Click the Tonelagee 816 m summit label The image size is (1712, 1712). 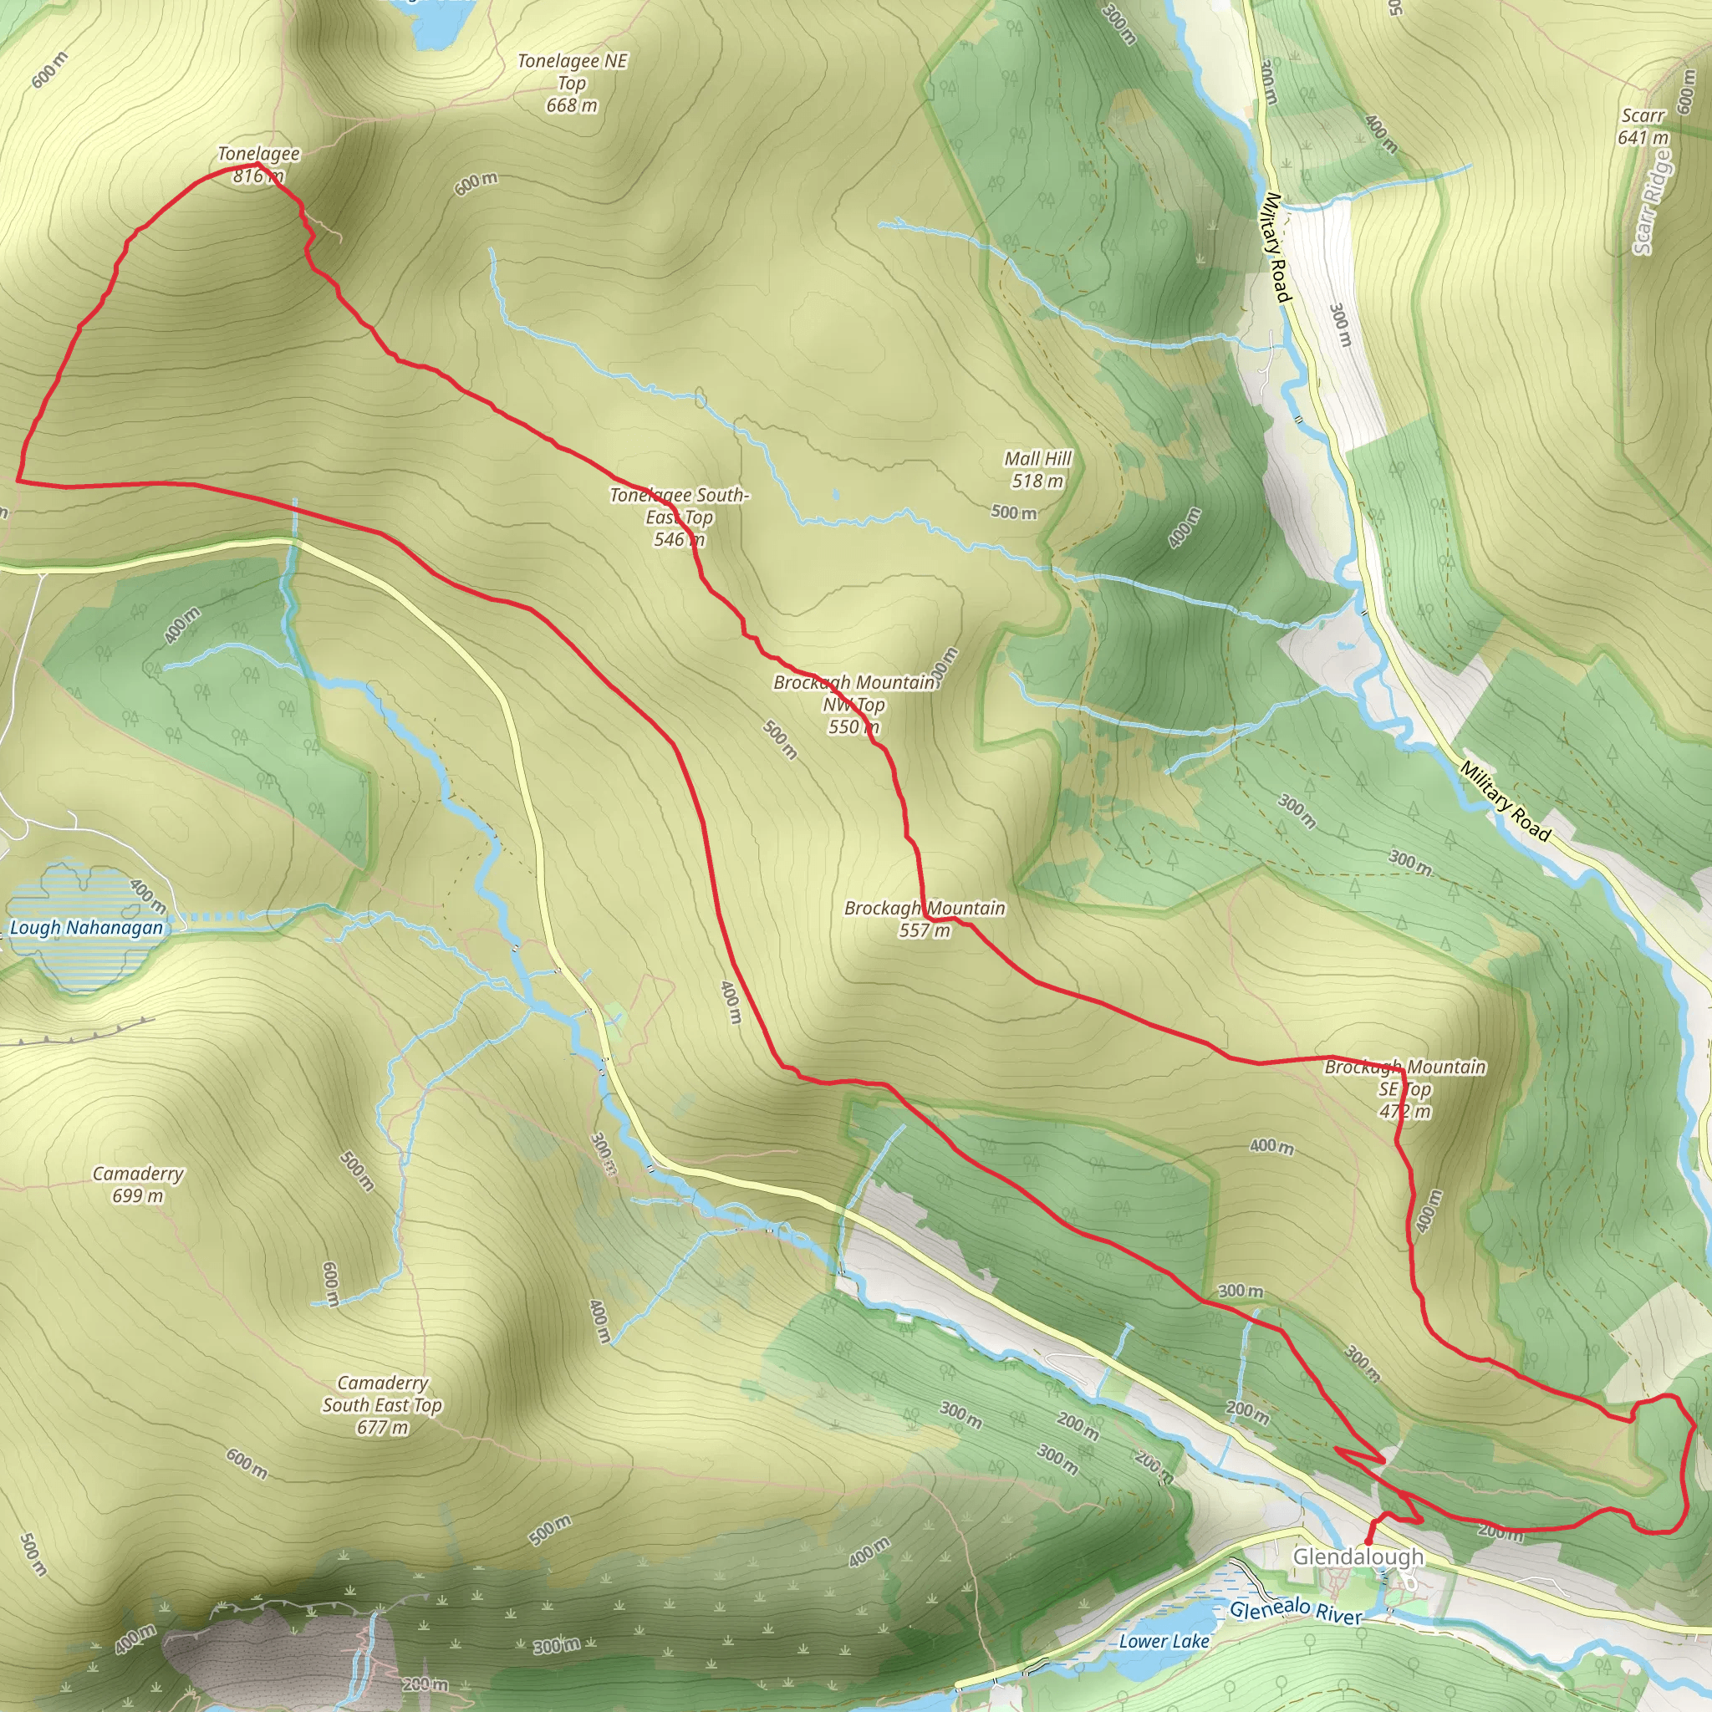point(259,165)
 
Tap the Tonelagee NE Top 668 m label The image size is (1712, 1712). point(572,84)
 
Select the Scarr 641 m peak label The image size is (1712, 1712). point(1643,126)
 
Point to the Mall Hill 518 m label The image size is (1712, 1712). point(1037,470)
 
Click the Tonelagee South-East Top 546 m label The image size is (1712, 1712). point(679,517)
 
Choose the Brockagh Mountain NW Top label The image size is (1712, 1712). point(854,705)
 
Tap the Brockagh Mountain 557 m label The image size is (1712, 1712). point(925,919)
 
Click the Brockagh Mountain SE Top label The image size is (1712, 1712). point(1404,1088)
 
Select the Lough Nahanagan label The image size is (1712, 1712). point(86,928)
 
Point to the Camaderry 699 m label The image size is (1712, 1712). point(138,1185)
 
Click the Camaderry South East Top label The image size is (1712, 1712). point(382,1404)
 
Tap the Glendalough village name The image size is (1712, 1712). point(1358,1556)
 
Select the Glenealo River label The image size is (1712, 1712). point(1295,1611)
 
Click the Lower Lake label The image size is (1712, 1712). point(1164,1641)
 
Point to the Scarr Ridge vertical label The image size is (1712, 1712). point(1653,201)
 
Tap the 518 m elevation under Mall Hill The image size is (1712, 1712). point(1037,481)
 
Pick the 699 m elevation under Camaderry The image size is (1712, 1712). point(138,1196)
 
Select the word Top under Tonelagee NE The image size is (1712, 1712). point(572,84)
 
